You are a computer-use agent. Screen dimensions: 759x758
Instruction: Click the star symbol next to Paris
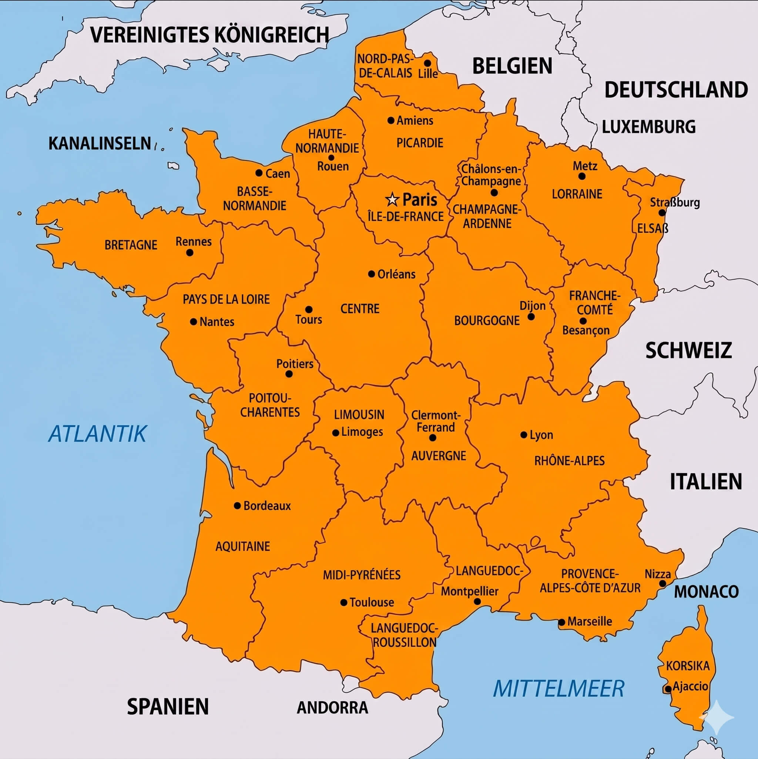pyautogui.click(x=392, y=200)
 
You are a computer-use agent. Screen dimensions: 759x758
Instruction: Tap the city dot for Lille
pyautogui.click(x=428, y=63)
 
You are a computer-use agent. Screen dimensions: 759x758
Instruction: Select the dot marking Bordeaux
pyautogui.click(x=237, y=506)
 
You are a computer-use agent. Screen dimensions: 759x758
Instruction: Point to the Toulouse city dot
pyautogui.click(x=343, y=602)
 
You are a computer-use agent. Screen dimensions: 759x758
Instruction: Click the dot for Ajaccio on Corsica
pyautogui.click(x=668, y=689)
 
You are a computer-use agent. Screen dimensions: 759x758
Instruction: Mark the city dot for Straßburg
pyautogui.click(x=662, y=213)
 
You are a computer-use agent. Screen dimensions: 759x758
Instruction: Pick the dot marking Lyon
pyautogui.click(x=523, y=435)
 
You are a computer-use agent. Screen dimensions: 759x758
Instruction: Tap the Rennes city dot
pyautogui.click(x=190, y=253)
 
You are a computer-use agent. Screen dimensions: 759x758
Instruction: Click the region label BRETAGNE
pyautogui.click(x=131, y=245)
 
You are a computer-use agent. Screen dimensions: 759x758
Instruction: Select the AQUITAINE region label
pyautogui.click(x=243, y=546)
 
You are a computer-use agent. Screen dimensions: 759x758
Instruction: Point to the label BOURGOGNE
pyautogui.click(x=487, y=321)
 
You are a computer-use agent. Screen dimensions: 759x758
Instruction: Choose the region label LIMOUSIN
pyautogui.click(x=359, y=414)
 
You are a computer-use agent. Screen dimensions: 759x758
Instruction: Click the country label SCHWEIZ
pyautogui.click(x=688, y=350)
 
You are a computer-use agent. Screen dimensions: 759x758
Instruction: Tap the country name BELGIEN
pyautogui.click(x=512, y=66)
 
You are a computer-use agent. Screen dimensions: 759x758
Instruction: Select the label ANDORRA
pyautogui.click(x=332, y=708)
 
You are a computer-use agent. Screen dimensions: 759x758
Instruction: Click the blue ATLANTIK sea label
pyautogui.click(x=97, y=434)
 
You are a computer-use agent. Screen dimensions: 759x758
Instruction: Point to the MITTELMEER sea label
pyautogui.click(x=558, y=689)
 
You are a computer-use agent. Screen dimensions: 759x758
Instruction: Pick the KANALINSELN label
pyautogui.click(x=100, y=143)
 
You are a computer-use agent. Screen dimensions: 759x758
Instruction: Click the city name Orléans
pyautogui.click(x=396, y=274)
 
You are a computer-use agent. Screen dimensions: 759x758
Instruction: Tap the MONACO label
pyautogui.click(x=706, y=592)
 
